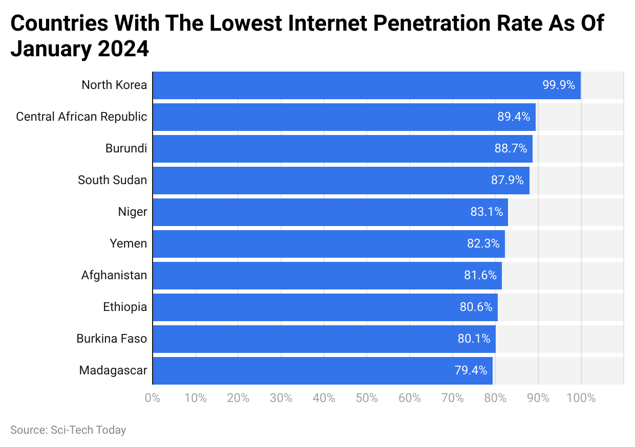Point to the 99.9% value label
pyautogui.click(x=559, y=85)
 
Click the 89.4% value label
pyautogui.click(x=514, y=117)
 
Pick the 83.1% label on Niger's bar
pyautogui.click(x=487, y=212)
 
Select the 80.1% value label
pyautogui.click(x=474, y=339)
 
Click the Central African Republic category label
pyautogui.click(x=81, y=117)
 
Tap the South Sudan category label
pyautogui.click(x=112, y=180)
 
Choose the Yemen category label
pyautogui.click(x=128, y=243)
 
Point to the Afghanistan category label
pyautogui.click(x=114, y=275)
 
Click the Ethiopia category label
pyautogui.click(x=125, y=307)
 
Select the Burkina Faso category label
pyautogui.click(x=112, y=339)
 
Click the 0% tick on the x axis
pyautogui.click(x=153, y=398)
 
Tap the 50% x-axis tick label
pyautogui.click(x=367, y=398)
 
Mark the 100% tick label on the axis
pyautogui.click(x=581, y=398)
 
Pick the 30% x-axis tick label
pyautogui.click(x=281, y=398)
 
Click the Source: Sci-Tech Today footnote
pyautogui.click(x=68, y=430)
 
